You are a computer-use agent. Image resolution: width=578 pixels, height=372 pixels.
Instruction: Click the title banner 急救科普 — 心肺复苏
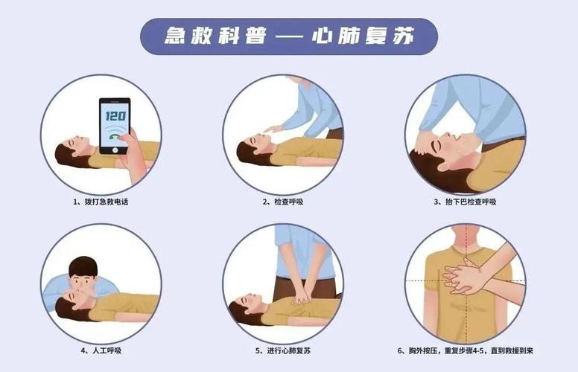pyautogui.click(x=289, y=36)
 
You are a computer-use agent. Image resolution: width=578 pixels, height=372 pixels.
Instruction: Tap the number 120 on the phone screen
pyautogui.click(x=115, y=115)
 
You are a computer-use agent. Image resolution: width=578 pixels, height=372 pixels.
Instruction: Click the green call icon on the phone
pyautogui.click(x=115, y=136)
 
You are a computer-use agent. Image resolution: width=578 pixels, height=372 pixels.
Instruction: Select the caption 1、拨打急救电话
pyautogui.click(x=101, y=202)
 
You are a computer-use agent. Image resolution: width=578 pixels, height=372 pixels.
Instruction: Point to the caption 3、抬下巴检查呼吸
pyautogui.click(x=465, y=202)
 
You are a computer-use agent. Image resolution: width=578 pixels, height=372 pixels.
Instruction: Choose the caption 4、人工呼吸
pyautogui.click(x=101, y=350)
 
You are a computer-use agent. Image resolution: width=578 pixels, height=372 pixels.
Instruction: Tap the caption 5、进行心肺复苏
pyautogui.click(x=283, y=350)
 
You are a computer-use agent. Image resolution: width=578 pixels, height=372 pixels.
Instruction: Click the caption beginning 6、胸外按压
pyautogui.click(x=465, y=350)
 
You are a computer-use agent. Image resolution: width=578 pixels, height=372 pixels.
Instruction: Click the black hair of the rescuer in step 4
pyautogui.click(x=82, y=266)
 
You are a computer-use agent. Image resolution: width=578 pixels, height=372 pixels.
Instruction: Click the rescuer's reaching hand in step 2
pyautogui.click(x=274, y=129)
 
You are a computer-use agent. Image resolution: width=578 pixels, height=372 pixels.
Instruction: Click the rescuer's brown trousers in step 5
pyautogui.click(x=287, y=286)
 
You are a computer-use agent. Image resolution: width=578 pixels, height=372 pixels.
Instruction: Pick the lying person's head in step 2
pyautogui.click(x=253, y=146)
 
